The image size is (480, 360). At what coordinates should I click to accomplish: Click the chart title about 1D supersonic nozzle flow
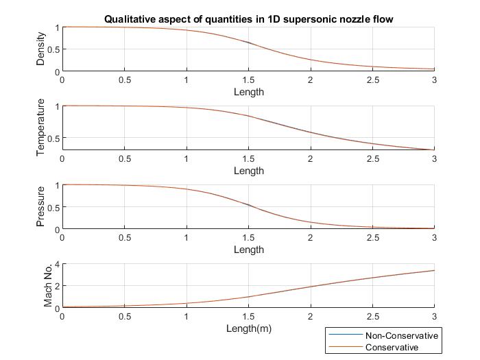tap(248, 19)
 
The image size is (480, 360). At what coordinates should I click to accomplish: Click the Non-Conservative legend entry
tap(401, 335)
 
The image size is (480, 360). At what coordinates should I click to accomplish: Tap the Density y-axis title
tap(40, 50)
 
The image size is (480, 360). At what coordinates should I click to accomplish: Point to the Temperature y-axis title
tap(40, 128)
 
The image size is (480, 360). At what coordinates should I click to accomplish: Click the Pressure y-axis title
tap(40, 206)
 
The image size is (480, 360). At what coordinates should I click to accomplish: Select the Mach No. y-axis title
tap(48, 285)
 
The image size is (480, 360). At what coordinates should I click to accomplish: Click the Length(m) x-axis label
tap(248, 328)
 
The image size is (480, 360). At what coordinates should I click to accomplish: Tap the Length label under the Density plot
tap(248, 92)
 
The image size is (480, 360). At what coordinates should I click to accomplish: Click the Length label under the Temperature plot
tap(248, 171)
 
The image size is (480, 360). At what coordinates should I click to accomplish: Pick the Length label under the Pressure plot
tap(248, 250)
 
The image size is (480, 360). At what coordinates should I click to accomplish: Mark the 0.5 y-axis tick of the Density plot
tap(53, 49)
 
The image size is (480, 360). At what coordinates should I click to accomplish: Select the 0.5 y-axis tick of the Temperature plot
tap(53, 139)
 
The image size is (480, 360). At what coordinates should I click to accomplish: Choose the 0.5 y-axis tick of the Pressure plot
tap(53, 207)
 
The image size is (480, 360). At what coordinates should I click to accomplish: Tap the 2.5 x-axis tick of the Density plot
tap(372, 80)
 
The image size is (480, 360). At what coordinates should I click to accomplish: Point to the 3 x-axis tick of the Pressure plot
tap(434, 237)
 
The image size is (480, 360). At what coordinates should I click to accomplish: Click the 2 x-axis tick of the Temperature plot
tap(310, 158)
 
